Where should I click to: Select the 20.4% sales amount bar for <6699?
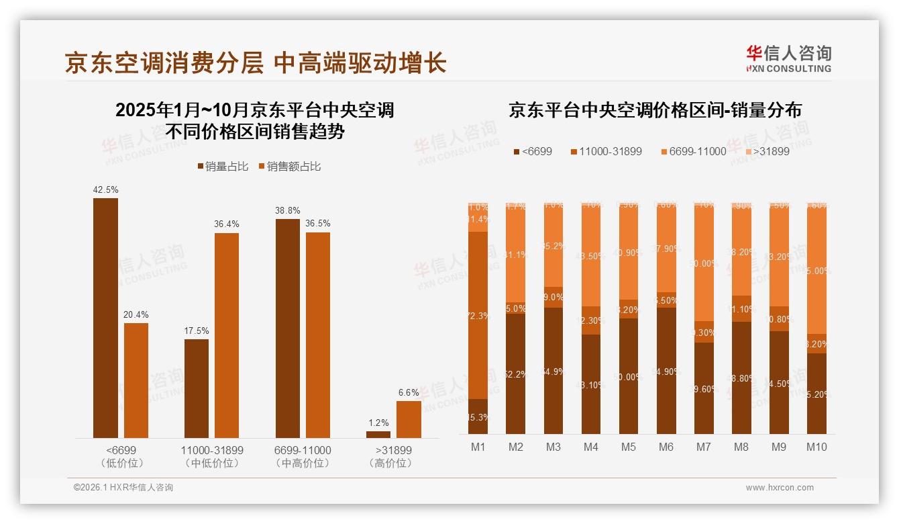[136, 380]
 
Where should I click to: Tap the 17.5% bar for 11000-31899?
[197, 388]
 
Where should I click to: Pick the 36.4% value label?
[227, 224]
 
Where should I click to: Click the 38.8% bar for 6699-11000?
[288, 329]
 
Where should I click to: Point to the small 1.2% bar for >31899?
[378, 435]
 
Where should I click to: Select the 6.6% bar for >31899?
[409, 419]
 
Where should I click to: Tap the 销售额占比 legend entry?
[289, 166]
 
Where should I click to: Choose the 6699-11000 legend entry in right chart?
[693, 151]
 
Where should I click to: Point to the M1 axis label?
[478, 447]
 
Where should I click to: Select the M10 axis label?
[816, 447]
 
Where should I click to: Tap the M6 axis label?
[666, 447]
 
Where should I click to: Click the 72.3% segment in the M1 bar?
[478, 315]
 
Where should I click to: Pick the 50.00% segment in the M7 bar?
[703, 263]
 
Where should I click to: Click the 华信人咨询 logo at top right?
[788, 58]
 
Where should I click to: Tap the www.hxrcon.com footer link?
[780, 488]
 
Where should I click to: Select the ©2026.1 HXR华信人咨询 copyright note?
[123, 488]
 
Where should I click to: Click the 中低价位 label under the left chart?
[212, 463]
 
